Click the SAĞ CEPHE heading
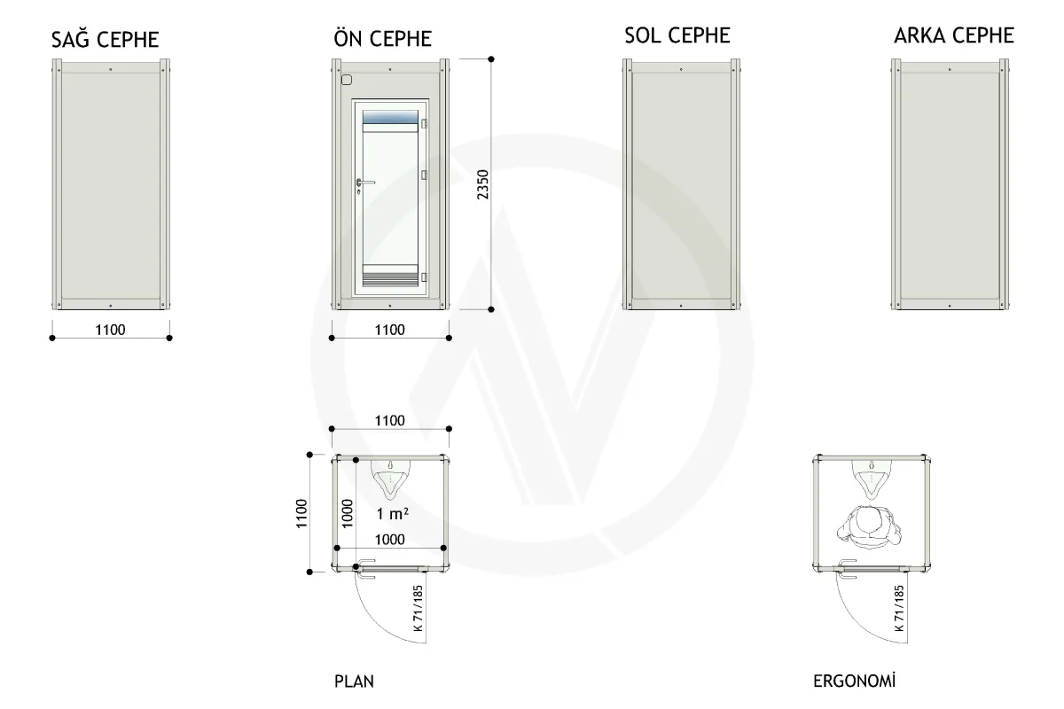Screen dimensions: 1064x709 click(105, 38)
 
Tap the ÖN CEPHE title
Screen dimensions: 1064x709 click(382, 37)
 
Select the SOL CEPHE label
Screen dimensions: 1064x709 click(677, 35)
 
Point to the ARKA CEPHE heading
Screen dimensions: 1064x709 click(954, 35)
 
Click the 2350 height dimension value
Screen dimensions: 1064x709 click(482, 184)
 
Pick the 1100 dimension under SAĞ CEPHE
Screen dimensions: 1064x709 click(110, 330)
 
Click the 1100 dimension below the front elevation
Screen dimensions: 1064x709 click(389, 330)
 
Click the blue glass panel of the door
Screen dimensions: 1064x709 click(390, 117)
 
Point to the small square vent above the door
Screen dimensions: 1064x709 click(347, 80)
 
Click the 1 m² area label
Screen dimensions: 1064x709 click(392, 513)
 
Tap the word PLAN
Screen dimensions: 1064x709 click(354, 682)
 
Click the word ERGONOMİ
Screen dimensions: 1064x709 click(854, 681)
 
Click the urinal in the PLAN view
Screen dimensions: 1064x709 click(390, 479)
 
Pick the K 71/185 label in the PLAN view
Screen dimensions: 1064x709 click(418, 608)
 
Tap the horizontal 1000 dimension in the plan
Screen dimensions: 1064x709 click(389, 540)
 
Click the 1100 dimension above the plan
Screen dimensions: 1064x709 click(389, 420)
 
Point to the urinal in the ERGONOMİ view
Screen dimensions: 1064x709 click(871, 479)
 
